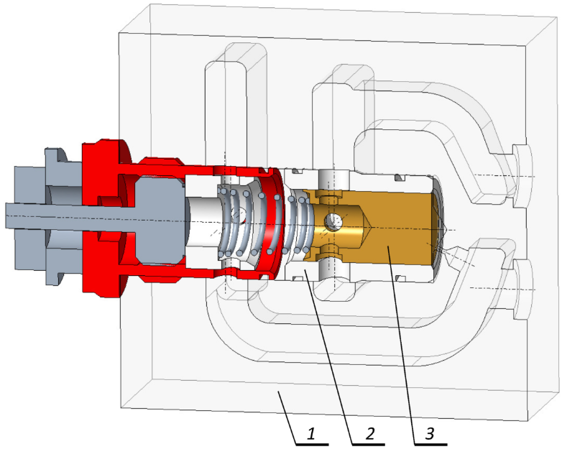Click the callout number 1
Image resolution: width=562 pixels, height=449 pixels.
[x=311, y=434]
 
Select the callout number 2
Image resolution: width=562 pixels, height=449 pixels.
[x=369, y=434]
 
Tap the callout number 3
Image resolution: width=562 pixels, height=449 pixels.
[x=429, y=434]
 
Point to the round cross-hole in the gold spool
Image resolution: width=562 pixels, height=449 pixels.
[x=333, y=222]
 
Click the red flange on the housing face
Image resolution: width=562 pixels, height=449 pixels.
[x=104, y=218]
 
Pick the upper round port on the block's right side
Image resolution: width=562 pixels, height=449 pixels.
[x=522, y=176]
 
